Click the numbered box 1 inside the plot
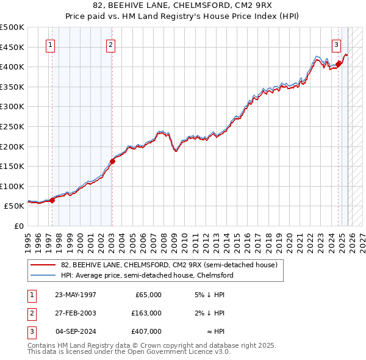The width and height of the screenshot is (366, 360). tap(50, 44)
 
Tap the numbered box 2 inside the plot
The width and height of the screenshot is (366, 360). tap(110, 44)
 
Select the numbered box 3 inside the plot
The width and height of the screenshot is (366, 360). tap(336, 44)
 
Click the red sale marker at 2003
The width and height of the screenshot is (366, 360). tap(112, 162)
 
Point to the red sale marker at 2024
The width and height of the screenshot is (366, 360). tap(339, 63)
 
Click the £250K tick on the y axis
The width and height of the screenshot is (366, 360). tap(13, 126)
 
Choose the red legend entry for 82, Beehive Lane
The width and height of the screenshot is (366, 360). tap(169, 265)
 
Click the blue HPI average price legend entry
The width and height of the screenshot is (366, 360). tap(147, 275)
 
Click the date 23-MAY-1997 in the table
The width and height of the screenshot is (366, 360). tap(75, 295)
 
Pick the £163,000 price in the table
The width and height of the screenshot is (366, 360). tap(146, 313)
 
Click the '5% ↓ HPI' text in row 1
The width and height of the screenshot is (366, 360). tap(210, 295)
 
